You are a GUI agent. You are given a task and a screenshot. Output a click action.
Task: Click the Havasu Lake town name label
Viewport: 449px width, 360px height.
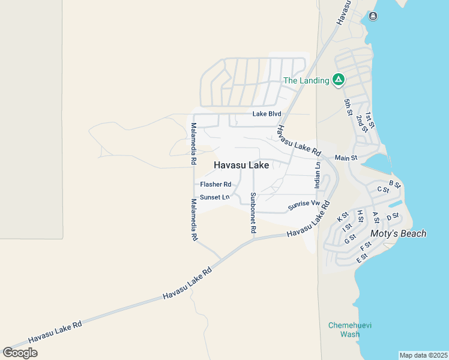click(241, 165)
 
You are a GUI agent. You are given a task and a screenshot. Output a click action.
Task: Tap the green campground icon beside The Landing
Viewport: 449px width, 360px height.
click(339, 80)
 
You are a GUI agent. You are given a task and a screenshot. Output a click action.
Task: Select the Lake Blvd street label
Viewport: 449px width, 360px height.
click(267, 114)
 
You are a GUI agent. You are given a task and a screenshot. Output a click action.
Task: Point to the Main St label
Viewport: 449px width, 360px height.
click(346, 158)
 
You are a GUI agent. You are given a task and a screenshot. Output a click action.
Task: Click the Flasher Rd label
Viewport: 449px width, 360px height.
click(215, 184)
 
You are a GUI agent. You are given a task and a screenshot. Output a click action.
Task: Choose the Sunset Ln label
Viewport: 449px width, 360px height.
click(214, 197)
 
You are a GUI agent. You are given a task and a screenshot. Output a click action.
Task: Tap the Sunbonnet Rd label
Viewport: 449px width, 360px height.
click(253, 213)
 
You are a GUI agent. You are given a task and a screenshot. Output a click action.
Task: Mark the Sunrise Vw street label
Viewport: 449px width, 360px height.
click(304, 205)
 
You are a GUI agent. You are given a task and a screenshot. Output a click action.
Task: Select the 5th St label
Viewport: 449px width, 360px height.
click(348, 106)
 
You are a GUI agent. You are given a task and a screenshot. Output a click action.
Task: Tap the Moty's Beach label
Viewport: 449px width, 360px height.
click(398, 233)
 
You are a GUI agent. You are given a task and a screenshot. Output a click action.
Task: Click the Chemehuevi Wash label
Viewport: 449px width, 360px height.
click(350, 329)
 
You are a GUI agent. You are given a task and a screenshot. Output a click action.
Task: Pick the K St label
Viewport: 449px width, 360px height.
click(343, 216)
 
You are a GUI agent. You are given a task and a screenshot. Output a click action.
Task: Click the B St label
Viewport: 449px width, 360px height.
click(394, 184)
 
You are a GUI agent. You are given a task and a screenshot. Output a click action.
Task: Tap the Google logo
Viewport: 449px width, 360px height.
click(20, 352)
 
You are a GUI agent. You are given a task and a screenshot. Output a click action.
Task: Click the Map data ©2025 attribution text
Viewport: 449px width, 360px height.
click(423, 355)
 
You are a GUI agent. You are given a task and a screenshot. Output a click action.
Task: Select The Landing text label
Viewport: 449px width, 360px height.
click(306, 80)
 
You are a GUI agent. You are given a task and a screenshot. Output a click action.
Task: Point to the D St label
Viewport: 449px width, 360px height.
click(393, 217)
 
